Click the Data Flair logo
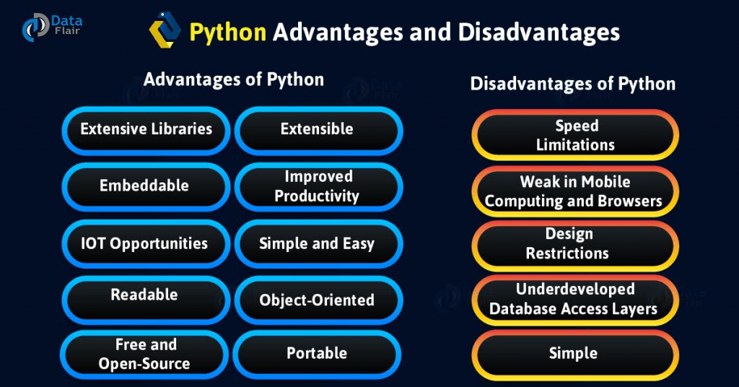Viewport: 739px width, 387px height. click(45, 27)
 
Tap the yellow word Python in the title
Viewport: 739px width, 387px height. click(227, 32)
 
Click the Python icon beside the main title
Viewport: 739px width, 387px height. click(165, 31)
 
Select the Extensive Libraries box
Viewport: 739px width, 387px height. click(146, 130)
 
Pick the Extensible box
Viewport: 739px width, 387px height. click(318, 130)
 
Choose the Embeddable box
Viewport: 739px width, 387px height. click(144, 186)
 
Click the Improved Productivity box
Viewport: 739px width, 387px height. click(318, 186)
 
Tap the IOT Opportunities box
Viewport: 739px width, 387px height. click(144, 243)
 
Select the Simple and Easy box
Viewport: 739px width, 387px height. click(318, 243)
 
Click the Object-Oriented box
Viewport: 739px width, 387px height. click(318, 299)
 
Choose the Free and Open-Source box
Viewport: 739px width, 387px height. click(144, 354)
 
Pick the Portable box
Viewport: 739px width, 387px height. click(318, 354)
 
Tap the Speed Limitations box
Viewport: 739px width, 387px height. click(576, 135)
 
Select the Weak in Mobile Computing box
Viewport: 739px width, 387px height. click(576, 191)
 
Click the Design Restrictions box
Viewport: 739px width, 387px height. click(576, 244)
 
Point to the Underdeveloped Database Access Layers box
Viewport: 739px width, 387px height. click(576, 299)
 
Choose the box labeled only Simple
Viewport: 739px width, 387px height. click(576, 354)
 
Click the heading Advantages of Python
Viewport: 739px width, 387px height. click(234, 79)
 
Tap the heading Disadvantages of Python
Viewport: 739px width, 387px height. click(573, 84)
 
